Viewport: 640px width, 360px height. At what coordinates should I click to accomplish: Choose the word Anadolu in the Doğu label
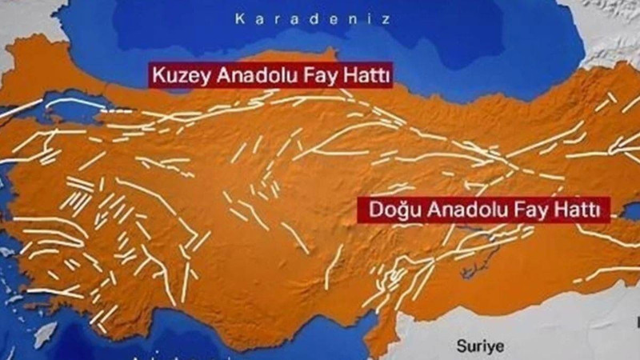(x=457, y=210)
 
